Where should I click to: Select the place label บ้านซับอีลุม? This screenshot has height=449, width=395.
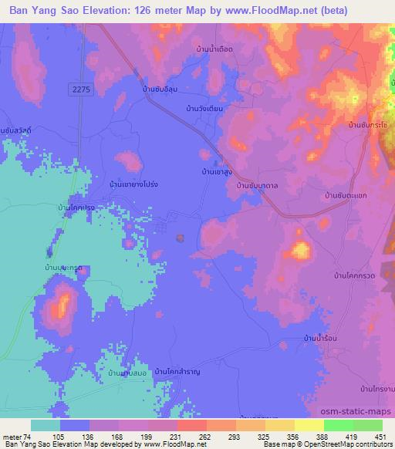pos(160,89)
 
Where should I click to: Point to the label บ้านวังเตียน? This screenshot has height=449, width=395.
pos(204,109)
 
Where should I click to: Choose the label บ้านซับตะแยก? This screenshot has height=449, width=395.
pos(344,197)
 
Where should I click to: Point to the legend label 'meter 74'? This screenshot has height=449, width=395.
pos(17,436)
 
